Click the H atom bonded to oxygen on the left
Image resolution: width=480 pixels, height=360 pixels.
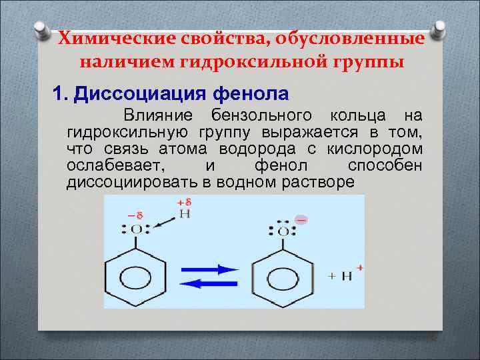(185, 214)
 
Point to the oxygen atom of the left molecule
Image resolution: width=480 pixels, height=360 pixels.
(136, 230)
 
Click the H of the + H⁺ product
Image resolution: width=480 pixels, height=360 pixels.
(346, 276)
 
